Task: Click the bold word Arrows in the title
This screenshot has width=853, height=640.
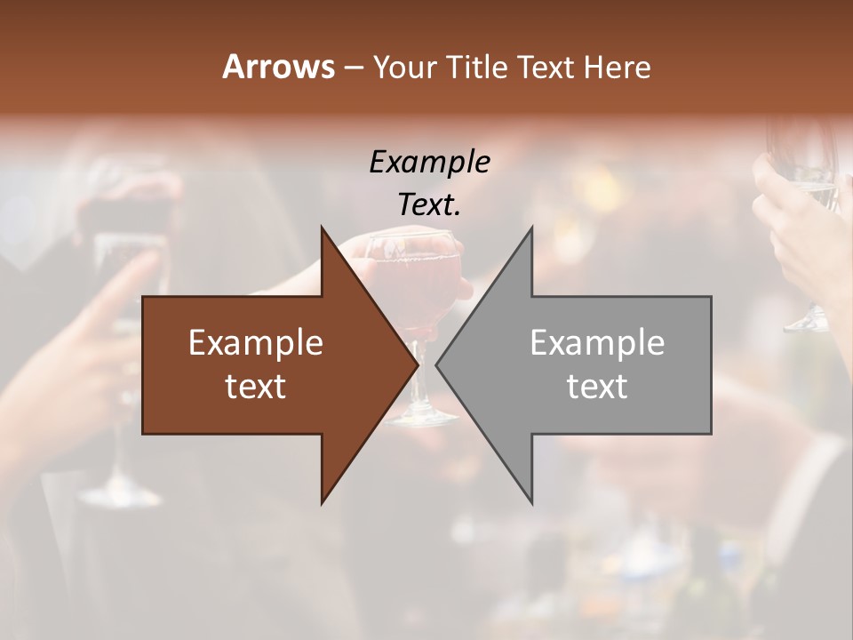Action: click(x=279, y=67)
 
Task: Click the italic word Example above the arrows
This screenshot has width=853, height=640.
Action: click(x=430, y=163)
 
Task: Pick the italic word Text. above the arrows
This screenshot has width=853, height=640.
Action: click(x=430, y=205)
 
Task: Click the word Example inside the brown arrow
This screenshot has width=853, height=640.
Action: click(x=256, y=342)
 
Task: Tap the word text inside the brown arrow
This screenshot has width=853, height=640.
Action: click(x=256, y=386)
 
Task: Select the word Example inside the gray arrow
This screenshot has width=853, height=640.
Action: click(x=597, y=342)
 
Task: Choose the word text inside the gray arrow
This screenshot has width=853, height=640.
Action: click(x=597, y=386)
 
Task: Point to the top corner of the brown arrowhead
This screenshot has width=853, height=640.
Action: click(x=322, y=228)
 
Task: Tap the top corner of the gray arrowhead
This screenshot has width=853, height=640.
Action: click(x=531, y=228)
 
